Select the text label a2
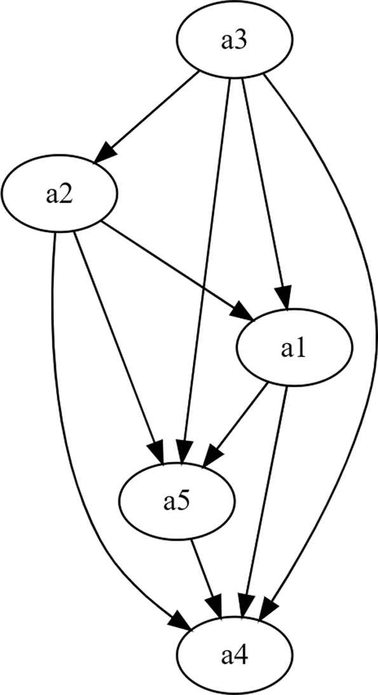coord(59,196)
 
